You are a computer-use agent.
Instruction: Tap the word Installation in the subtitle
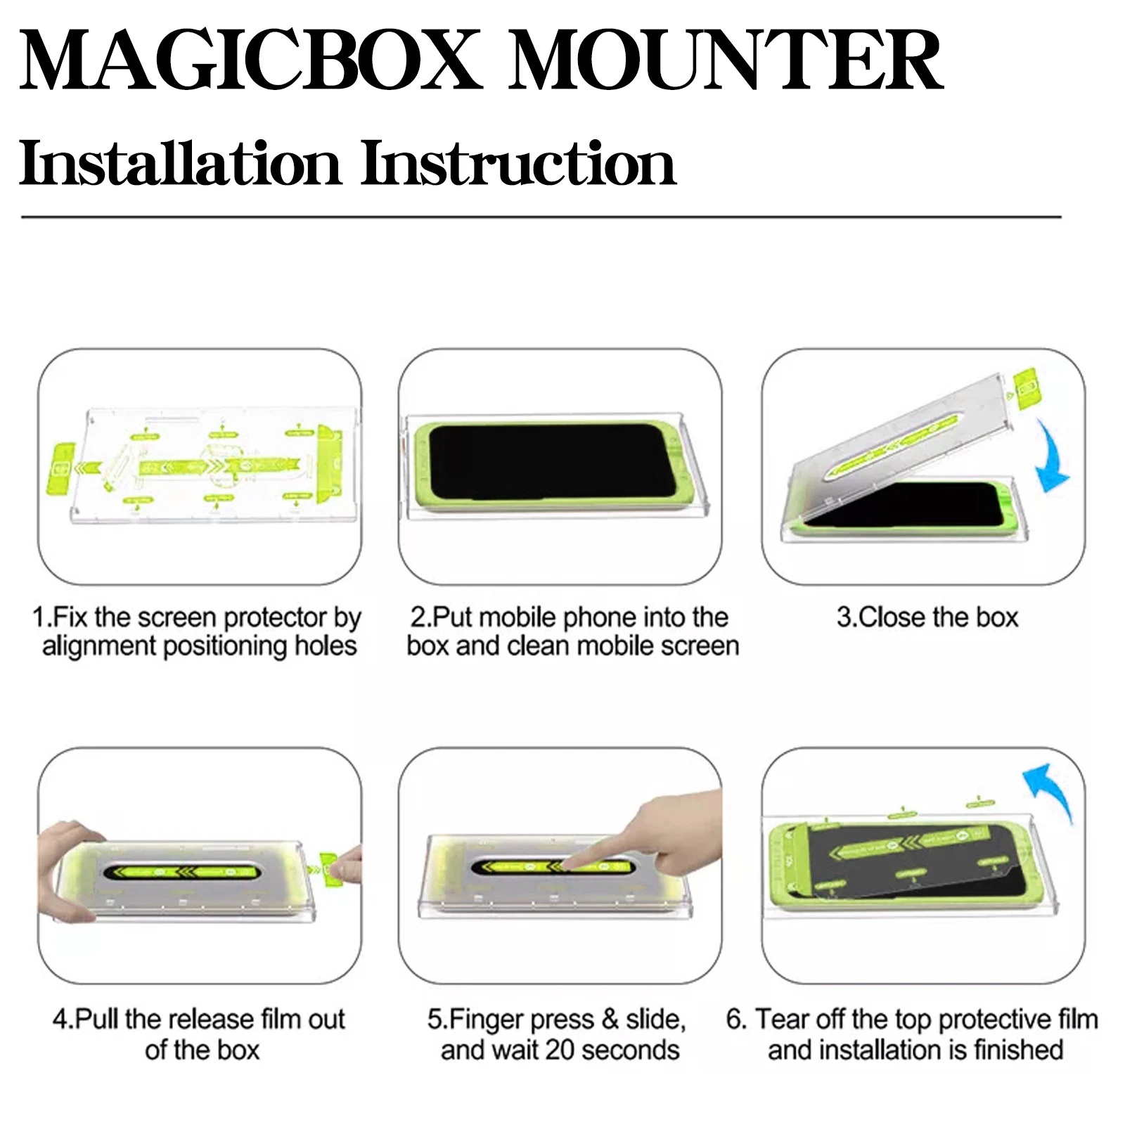180,163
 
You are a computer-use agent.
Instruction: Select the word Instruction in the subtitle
518,163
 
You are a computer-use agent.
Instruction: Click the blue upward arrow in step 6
1050,791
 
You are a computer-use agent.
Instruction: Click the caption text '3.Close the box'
927,617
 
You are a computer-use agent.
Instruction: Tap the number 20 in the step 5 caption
561,1050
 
